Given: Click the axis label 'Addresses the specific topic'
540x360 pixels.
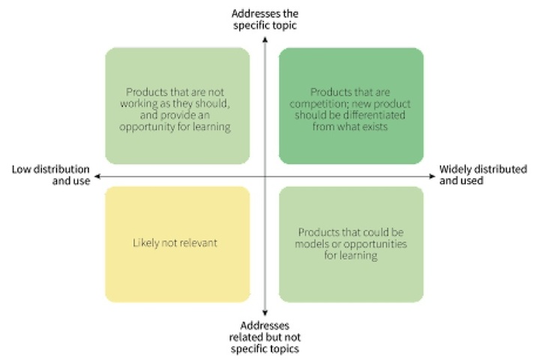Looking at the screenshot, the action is [x=265, y=19].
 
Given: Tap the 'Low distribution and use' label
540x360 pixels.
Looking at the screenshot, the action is [x=51, y=175].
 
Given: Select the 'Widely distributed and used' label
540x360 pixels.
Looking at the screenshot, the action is [x=483, y=175].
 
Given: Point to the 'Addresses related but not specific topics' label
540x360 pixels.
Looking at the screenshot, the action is [x=265, y=337].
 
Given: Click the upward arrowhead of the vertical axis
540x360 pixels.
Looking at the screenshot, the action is [x=265, y=40].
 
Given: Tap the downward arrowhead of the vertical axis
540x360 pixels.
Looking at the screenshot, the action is [x=265, y=313].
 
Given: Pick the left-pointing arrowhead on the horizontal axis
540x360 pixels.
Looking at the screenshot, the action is [x=97, y=176].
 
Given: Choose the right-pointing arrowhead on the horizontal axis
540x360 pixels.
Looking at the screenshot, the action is [x=433, y=176].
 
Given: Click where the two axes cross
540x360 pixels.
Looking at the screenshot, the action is [x=265, y=176].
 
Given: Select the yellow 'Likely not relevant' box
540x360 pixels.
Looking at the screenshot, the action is [x=178, y=244].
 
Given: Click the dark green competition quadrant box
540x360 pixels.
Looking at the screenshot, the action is [x=351, y=106].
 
